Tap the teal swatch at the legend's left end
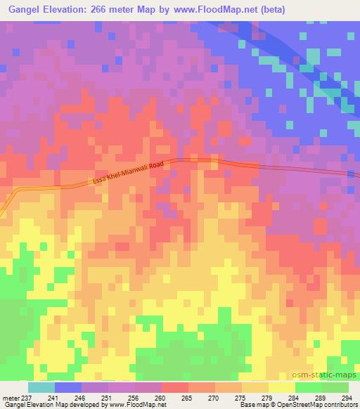pyautogui.click(x=41, y=387)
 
